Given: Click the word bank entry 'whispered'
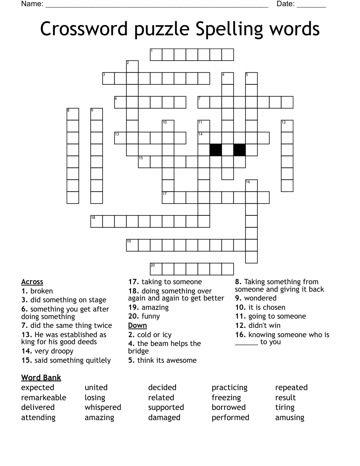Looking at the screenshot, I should pos(103,407).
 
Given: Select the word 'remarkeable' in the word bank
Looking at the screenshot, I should pos(44,398).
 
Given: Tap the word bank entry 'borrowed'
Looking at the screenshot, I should pos(229,407).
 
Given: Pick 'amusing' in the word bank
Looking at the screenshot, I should pos(290,417).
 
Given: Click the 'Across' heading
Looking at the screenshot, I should pos(32,282).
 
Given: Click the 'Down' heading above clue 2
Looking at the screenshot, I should pos(137,325).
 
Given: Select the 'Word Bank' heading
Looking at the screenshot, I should pos(41,377).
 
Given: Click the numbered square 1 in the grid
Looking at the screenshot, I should pos(156,54).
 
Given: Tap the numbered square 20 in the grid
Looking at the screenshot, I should pos(156,269).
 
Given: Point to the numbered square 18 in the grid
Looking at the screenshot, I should pos(97,221).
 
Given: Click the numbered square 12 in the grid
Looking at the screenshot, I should pos(287,126).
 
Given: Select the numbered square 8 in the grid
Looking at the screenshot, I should pos(72,114).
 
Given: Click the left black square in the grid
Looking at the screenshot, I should pos(215,150).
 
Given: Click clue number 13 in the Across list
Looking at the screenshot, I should pos(26,334).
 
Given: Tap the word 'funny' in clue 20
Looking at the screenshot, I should pos(151,316).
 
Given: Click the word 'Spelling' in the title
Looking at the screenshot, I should pos(229,29).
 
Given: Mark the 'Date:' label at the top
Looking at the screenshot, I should pos(285,4).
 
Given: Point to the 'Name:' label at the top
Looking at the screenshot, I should pos(32,4).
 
